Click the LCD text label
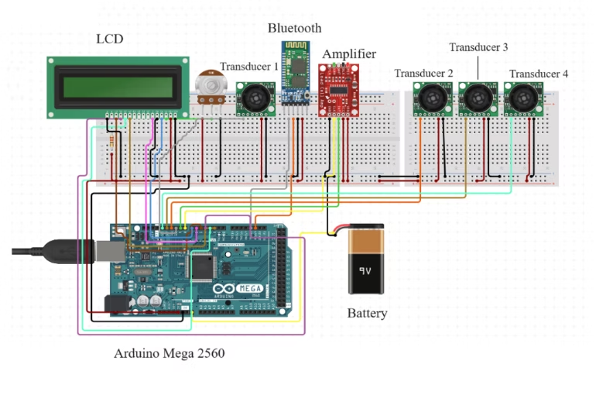click(x=109, y=39)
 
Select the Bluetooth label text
click(x=294, y=28)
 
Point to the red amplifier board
click(x=339, y=88)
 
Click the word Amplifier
click(x=349, y=54)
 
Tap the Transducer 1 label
click(x=249, y=67)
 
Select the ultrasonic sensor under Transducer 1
click(x=255, y=98)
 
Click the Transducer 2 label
click(x=423, y=74)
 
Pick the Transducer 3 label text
click(x=478, y=47)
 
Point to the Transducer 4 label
click(x=538, y=74)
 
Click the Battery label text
click(x=367, y=314)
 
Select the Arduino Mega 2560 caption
click(x=169, y=354)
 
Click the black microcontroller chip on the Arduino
click(x=202, y=266)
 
